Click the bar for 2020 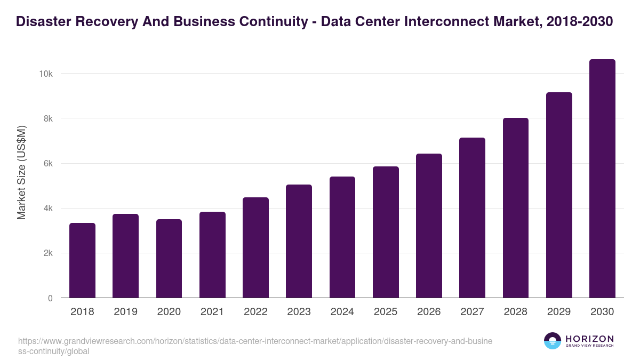[169, 259]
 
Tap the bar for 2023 [299, 241]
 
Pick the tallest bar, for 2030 [602, 179]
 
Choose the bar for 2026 [429, 226]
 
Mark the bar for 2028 [515, 208]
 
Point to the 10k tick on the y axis [45, 74]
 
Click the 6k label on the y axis [47, 164]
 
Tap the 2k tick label [47, 253]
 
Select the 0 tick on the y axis [50, 298]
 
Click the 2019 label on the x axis [125, 312]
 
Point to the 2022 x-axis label [255, 312]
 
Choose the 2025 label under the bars [386, 312]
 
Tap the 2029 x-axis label [559, 312]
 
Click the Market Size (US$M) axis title [21, 172]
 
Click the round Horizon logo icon [553, 341]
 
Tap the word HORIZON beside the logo [589, 339]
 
